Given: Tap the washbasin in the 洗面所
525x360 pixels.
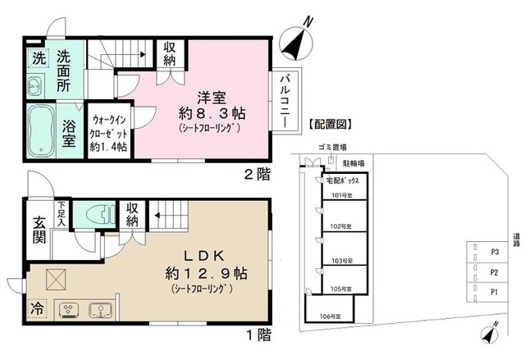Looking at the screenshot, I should (36, 84).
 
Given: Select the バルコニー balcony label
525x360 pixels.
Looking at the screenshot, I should (283, 97).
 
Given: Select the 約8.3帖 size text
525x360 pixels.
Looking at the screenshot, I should (212, 112).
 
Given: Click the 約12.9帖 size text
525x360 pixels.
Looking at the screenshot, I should (208, 273).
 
